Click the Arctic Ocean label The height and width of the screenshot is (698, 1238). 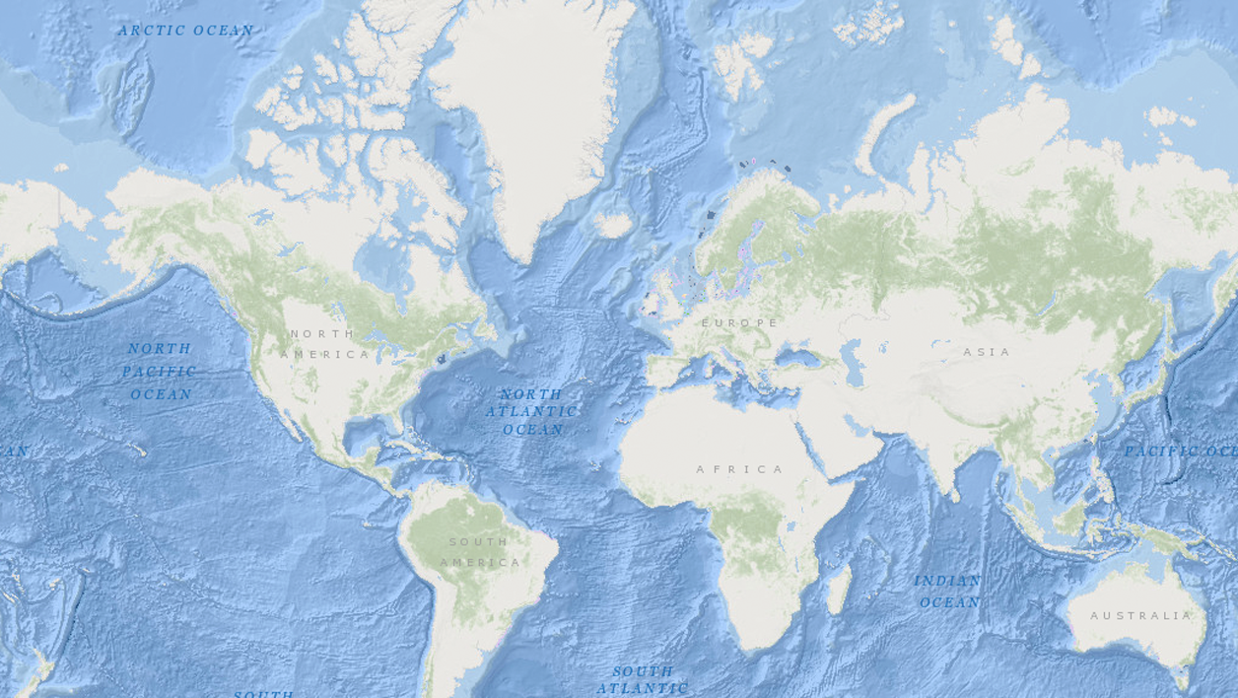pos(185,31)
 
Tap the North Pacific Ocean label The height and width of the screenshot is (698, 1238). pos(160,372)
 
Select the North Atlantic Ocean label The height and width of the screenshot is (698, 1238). pos(531,411)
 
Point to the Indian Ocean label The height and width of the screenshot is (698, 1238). pos(948,592)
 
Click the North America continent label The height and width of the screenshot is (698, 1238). pos(324,344)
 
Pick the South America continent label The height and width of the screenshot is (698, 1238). pos(480,552)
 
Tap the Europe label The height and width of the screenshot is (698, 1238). pos(739,323)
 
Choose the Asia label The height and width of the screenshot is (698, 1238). pos(987,352)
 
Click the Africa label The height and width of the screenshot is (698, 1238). pos(740,469)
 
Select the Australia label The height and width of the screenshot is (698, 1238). pos(1140,615)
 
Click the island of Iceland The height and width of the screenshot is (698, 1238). pos(612,226)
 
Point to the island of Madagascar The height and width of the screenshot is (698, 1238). pos(839,590)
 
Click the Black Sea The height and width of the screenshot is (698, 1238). pos(798,359)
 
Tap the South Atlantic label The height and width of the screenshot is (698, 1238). pos(643,679)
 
